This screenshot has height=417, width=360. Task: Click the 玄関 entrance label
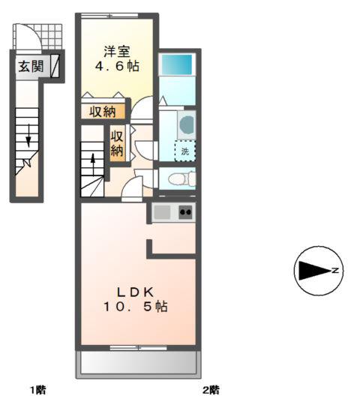point(31,66)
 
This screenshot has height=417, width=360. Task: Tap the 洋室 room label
point(117,52)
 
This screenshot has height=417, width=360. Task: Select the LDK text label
point(135,292)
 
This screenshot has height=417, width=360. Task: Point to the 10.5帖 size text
point(135,307)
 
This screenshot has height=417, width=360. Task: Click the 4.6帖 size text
point(117,66)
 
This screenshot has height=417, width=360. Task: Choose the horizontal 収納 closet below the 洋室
point(103,112)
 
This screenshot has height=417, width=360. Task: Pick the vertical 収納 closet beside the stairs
point(117,143)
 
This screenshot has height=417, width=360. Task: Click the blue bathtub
point(175,64)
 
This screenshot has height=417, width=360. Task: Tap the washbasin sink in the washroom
point(187,124)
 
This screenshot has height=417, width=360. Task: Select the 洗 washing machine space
point(185,151)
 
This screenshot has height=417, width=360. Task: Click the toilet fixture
point(181,178)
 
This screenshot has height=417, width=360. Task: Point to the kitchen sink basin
point(162,212)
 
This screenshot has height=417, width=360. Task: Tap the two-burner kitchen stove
point(185,212)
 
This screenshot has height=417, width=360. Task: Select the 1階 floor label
point(37,390)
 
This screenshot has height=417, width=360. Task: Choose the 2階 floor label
point(211,390)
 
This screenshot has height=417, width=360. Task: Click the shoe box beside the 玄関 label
point(55,66)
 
